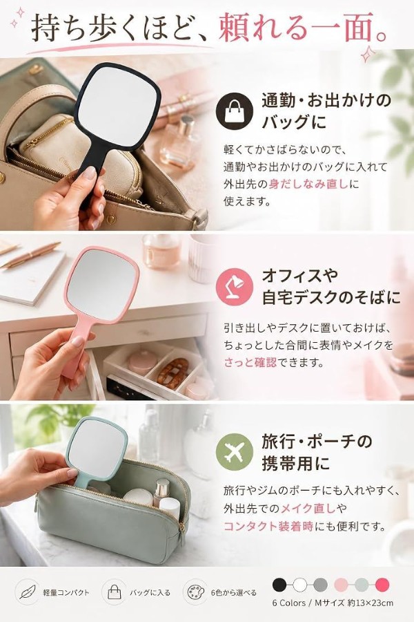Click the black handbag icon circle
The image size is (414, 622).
(235, 111)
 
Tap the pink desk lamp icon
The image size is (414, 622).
(235, 286)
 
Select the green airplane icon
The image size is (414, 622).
(235, 452)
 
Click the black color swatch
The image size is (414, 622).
(279, 584)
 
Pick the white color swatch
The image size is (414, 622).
(300, 584)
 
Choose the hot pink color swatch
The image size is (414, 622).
(382, 584)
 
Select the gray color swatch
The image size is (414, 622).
(320, 584)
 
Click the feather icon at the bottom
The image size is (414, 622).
(28, 592)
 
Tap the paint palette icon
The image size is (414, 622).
(195, 592)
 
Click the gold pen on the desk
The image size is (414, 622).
(31, 254)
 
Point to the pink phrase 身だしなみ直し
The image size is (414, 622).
(308, 184)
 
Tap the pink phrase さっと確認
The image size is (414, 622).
(250, 362)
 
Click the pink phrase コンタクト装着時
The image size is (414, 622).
(268, 526)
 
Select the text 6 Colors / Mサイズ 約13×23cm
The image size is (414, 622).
(333, 603)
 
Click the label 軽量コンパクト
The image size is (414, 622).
(66, 593)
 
